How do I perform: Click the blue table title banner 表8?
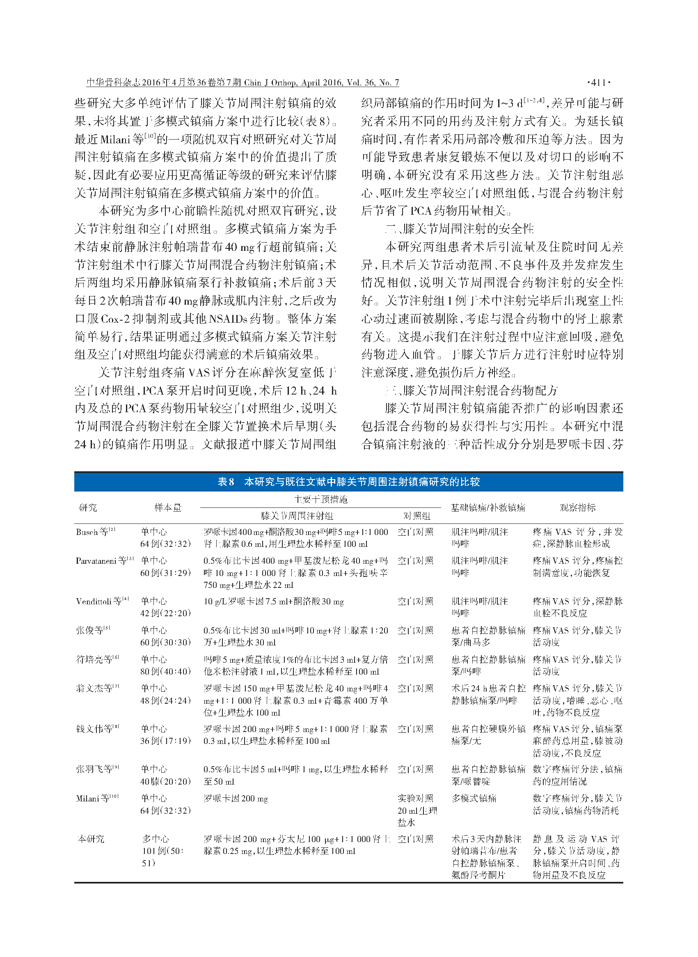click(348, 482)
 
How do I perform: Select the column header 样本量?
click(168, 507)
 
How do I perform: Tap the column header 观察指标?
click(577, 507)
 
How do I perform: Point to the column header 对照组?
click(416, 516)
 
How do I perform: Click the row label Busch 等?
click(96, 532)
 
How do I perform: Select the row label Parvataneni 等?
click(104, 560)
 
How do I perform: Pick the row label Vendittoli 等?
click(102, 601)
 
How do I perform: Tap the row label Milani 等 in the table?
click(97, 799)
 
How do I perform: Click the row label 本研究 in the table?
click(91, 839)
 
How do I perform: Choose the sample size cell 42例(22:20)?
click(166, 613)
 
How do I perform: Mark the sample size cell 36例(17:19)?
click(166, 741)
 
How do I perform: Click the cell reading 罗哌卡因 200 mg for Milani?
click(236, 799)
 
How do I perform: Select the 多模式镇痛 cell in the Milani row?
click(474, 799)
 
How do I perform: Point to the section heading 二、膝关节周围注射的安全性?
click(460, 229)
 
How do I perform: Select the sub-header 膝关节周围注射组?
click(297, 516)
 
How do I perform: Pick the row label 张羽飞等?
click(97, 769)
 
